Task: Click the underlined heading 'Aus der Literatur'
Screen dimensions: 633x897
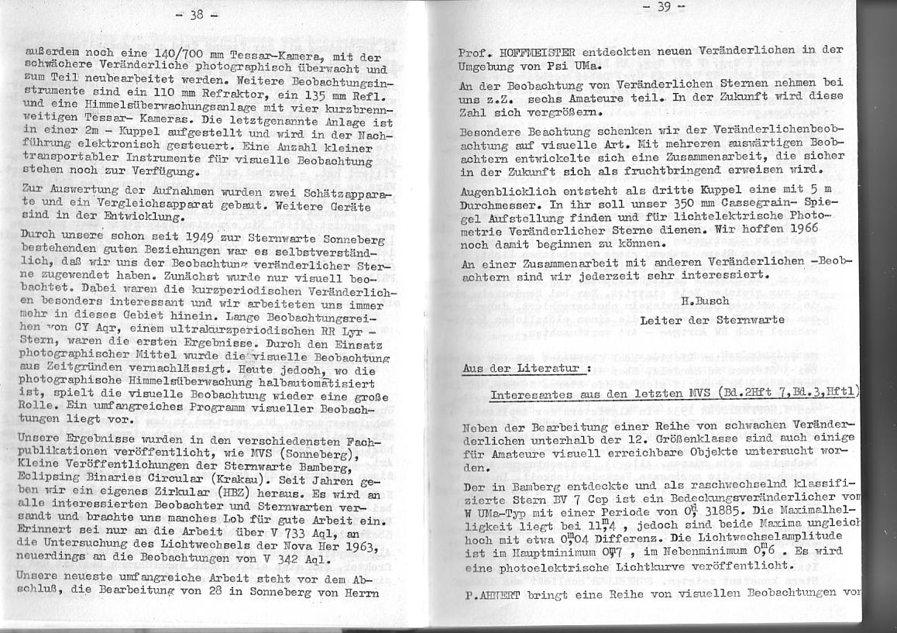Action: (x=522, y=368)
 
